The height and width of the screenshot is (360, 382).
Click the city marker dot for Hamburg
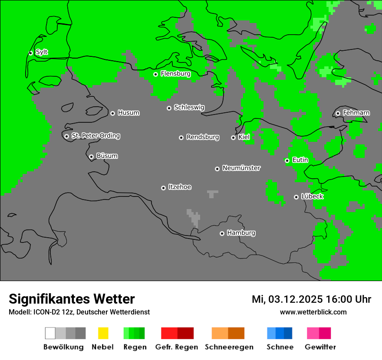[x=222, y=233]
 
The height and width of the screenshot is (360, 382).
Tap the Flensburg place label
[x=175, y=74]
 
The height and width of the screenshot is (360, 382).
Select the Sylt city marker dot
[x=30, y=53]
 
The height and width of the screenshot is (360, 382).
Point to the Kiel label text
[x=244, y=137]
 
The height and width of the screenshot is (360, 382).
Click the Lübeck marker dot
[x=296, y=197]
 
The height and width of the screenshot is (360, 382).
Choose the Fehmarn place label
[x=356, y=113]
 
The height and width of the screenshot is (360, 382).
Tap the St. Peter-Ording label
[x=95, y=136]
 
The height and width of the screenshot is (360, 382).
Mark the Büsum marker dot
[x=91, y=157]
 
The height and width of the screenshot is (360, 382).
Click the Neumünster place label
[x=241, y=168]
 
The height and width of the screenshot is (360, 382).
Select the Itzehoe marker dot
[x=163, y=188]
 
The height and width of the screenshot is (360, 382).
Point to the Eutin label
[x=300, y=160]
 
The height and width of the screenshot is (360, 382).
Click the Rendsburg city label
[x=203, y=137]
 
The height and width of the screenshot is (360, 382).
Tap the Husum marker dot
[x=112, y=113]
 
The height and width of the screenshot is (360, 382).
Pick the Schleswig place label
[x=189, y=107]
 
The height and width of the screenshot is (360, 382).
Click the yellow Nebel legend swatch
[x=103, y=333]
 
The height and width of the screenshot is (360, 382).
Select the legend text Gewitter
[x=320, y=347]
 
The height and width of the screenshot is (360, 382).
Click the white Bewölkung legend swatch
[x=50, y=333]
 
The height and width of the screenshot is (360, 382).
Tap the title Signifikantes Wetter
[x=72, y=299]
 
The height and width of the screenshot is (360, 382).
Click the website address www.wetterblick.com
[x=313, y=312]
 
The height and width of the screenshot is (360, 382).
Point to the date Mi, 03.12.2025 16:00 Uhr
[x=311, y=299]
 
